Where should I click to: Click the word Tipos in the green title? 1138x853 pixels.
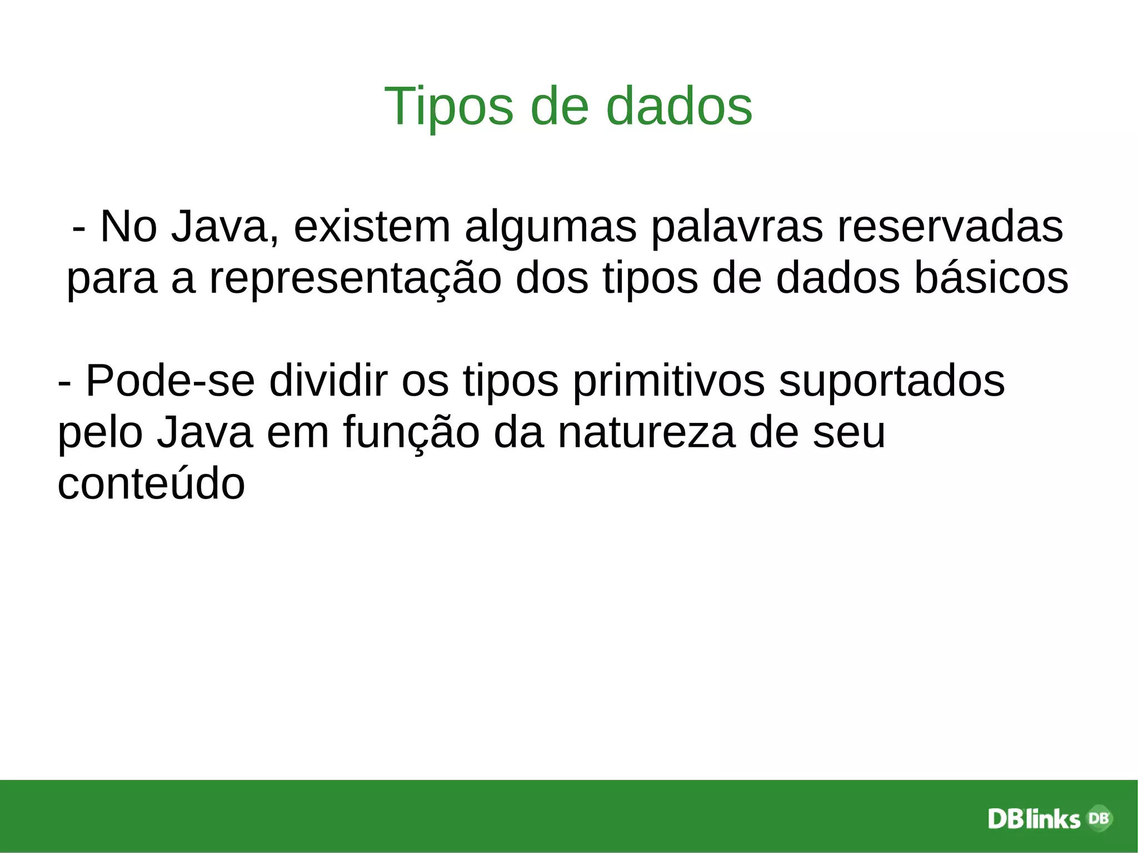[448, 107]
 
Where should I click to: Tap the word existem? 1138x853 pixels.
[372, 227]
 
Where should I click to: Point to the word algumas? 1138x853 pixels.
[550, 227]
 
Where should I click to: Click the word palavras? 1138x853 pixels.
[736, 227]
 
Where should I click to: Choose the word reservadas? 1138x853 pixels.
[950, 227]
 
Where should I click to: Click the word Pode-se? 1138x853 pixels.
[171, 381]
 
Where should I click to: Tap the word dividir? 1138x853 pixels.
[328, 381]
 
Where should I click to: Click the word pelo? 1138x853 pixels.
[99, 433]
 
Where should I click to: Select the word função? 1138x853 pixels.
[411, 433]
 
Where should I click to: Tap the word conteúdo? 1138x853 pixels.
[151, 483]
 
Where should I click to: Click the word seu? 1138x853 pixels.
[848, 432]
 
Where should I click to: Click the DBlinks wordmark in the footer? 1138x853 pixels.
[1034, 819]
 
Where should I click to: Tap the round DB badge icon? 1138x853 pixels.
[1097, 818]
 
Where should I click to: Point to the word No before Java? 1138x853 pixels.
[128, 227]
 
